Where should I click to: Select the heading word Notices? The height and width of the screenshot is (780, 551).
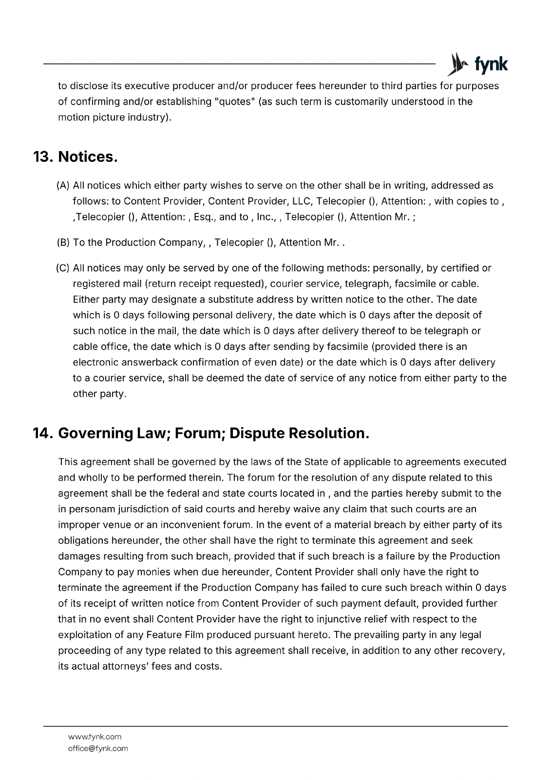88,157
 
